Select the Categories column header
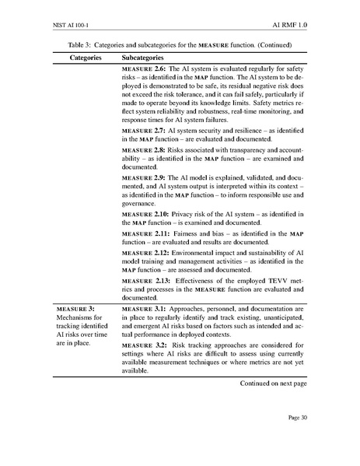pos(76,58)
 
